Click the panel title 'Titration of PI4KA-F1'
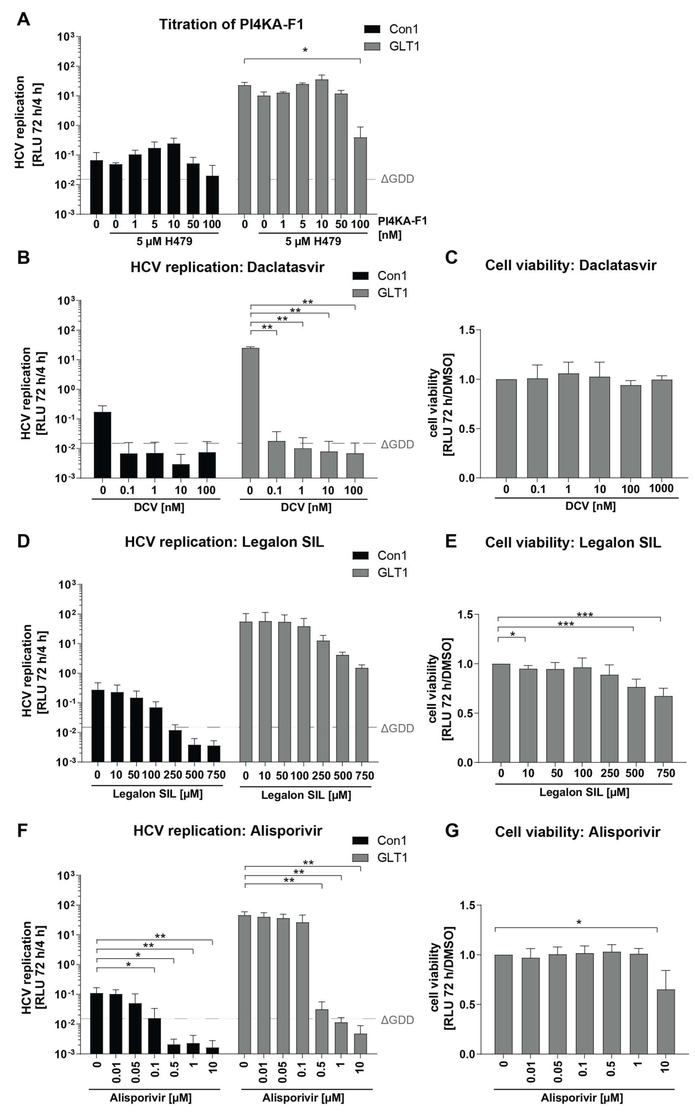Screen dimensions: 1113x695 pyautogui.click(x=231, y=24)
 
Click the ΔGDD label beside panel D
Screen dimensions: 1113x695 pyautogui.click(x=397, y=728)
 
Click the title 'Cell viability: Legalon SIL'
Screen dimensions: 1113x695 pyautogui.click(x=573, y=543)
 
